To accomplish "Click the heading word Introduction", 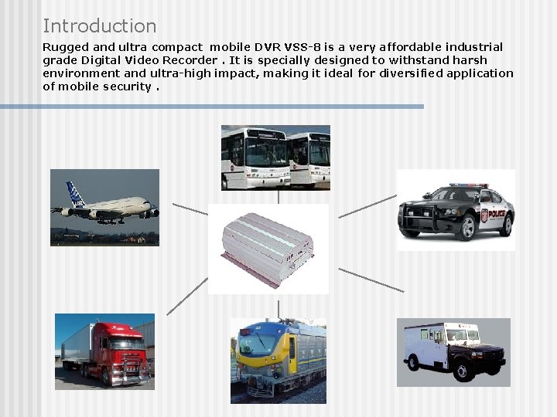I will pyautogui.click(x=99, y=26).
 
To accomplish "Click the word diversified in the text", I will pyautogui.click(x=409, y=73).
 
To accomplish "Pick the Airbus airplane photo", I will pyautogui.click(x=104, y=207).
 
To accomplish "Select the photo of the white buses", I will pyautogui.click(x=275, y=158).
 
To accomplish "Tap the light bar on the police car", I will pyautogui.click(x=469, y=186).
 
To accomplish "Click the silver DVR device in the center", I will pyautogui.click(x=268, y=248).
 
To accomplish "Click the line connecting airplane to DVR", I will pyautogui.click(x=190, y=209).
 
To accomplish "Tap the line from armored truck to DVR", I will pyautogui.click(x=371, y=280).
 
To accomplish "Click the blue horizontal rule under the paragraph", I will pyautogui.click(x=212, y=107).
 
